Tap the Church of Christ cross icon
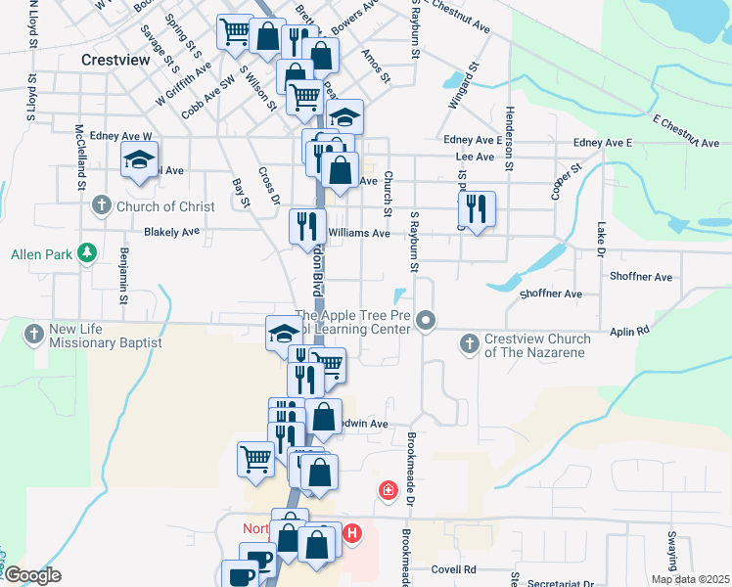click(102, 205)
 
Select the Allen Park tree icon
click(88, 253)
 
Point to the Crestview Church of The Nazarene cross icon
click(470, 343)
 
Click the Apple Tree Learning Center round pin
click(425, 320)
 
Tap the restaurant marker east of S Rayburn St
click(477, 207)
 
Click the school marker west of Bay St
click(139, 158)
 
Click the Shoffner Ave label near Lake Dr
click(640, 277)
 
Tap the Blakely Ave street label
click(171, 232)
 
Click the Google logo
click(32, 575)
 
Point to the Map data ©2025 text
click(689, 579)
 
